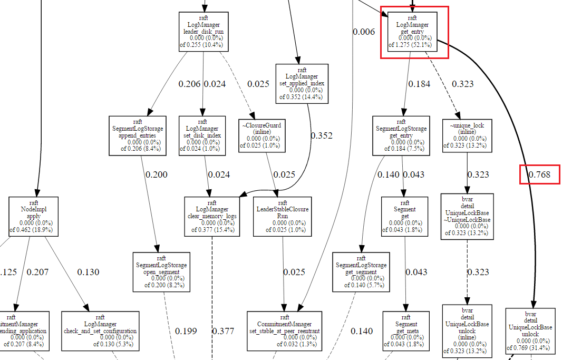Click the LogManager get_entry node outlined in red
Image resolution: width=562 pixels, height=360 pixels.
[414, 32]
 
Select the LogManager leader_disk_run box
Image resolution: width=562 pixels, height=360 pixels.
[204, 32]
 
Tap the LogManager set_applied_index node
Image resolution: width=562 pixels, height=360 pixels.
[302, 83]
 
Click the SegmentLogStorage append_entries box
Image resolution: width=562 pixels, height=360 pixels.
[138, 135]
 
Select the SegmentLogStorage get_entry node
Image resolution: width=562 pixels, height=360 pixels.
[401, 135]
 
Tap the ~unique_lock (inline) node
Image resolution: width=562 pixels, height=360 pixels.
[467, 135]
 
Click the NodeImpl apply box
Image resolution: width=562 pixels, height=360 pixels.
[33, 216]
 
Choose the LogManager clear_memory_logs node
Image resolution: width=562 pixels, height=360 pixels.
[212, 216]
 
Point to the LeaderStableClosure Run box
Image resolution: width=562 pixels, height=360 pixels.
[282, 216]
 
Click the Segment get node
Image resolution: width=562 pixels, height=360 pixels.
[404, 216]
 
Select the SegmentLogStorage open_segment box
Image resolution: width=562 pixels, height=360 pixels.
[161, 271]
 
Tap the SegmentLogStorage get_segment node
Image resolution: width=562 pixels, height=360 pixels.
[361, 271]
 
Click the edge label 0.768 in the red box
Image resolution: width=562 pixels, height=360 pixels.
[540, 174]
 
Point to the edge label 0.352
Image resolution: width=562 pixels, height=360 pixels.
[321, 135]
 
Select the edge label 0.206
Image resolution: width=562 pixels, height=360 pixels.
[190, 84]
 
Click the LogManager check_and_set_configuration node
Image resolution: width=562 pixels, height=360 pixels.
[100, 330]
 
